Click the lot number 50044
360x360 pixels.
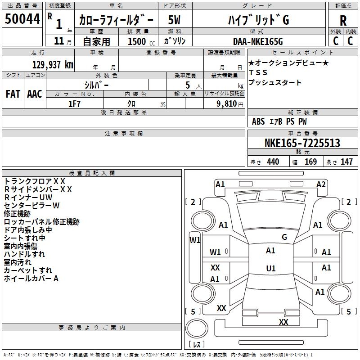coord(22,19)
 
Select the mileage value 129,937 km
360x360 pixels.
coord(53,65)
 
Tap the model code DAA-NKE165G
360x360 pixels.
coord(258,41)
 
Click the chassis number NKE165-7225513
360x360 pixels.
coord(302,143)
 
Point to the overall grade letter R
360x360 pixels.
coord(343,20)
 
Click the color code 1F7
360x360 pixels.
coord(75,104)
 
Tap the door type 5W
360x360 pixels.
coord(174,20)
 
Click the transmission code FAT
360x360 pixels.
coord(13,94)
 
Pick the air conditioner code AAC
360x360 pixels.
coord(35,94)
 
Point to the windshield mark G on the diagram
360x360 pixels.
coord(284,237)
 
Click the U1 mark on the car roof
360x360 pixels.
coord(271,268)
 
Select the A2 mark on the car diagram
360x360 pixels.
coord(321,184)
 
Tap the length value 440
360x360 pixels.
coord(273,162)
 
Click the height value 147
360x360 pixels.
coord(346,162)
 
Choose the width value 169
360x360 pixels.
coord(310,162)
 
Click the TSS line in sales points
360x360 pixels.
coord(258,72)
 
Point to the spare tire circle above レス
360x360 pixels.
coord(197,328)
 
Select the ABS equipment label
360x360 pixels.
coord(258,121)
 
